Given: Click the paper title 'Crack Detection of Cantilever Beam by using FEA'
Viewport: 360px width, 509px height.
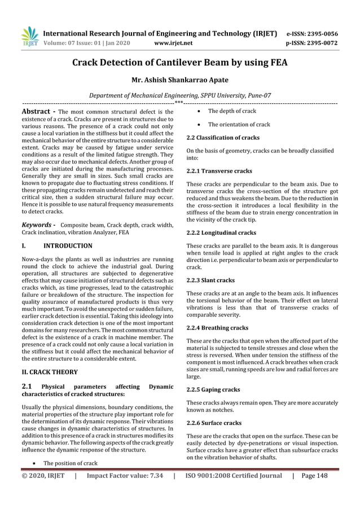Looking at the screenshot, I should (179, 63).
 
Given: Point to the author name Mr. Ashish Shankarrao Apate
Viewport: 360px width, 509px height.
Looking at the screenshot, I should (179, 81).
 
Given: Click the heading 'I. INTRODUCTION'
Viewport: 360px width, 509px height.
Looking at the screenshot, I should (56, 246).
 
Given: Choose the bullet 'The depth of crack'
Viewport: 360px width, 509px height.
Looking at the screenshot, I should (232, 111).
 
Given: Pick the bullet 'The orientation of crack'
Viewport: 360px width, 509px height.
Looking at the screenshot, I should (239, 125).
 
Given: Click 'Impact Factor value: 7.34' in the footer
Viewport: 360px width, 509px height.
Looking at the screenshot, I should (125, 476).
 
